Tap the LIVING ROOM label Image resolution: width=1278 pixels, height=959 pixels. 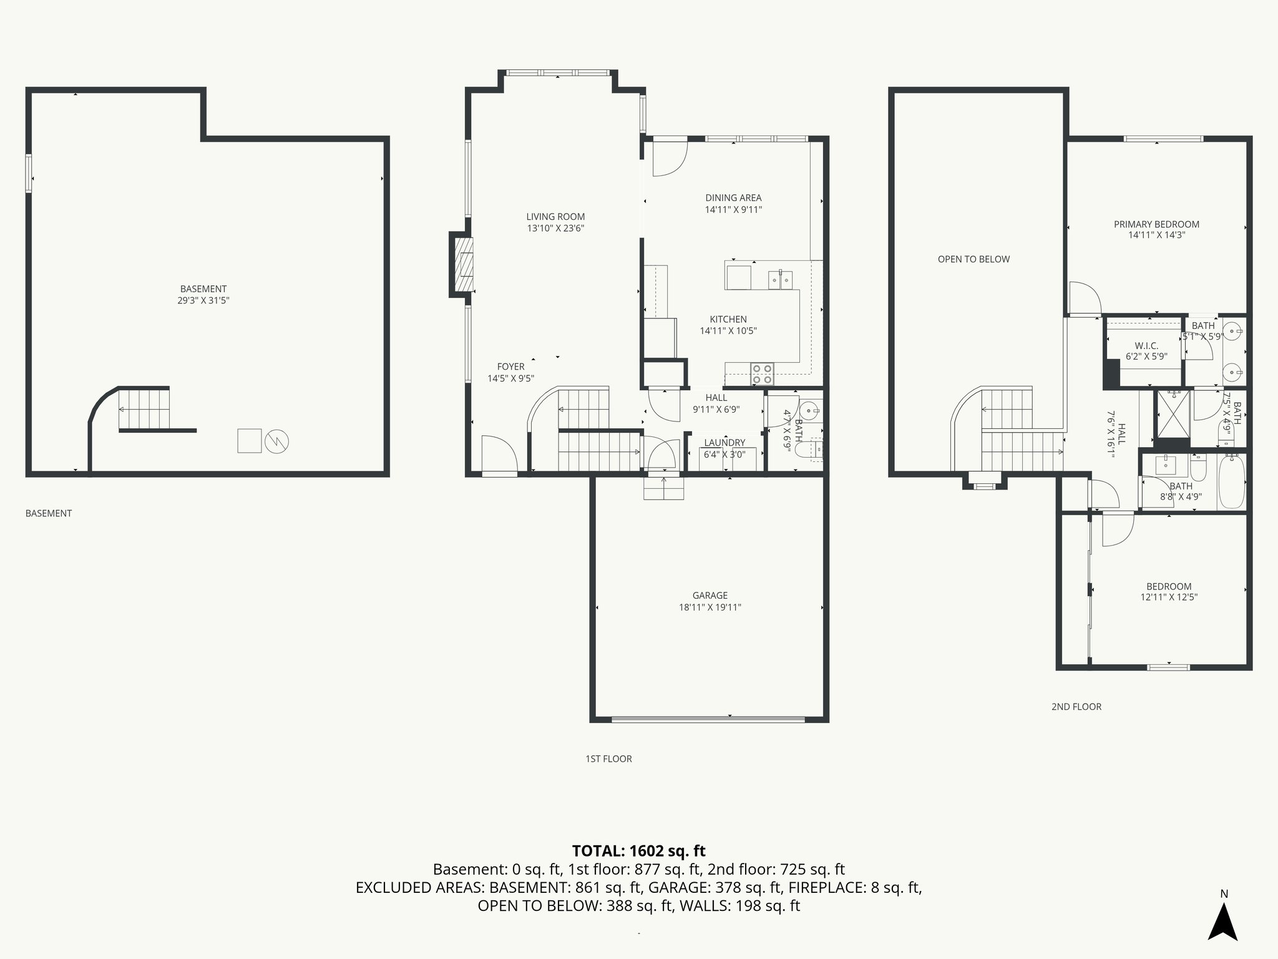click(555, 217)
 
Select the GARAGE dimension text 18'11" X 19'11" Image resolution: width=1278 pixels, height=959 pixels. click(710, 607)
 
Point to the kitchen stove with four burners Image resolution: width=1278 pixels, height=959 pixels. click(762, 373)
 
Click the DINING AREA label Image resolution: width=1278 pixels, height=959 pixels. click(733, 198)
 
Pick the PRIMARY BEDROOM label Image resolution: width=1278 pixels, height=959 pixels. click(1156, 224)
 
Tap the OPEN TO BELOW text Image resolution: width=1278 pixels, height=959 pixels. click(973, 259)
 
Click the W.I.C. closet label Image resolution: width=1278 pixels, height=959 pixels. click(1146, 346)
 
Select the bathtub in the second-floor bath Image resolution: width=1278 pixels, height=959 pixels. click(1230, 482)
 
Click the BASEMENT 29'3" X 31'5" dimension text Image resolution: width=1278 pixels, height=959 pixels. click(203, 300)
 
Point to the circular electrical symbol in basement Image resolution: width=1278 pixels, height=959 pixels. click(276, 441)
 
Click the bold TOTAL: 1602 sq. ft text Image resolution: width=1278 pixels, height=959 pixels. click(638, 851)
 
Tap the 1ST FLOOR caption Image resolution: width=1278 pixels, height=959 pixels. click(608, 759)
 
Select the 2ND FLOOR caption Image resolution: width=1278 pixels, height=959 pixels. click(1076, 707)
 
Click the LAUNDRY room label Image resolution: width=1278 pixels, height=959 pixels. click(724, 443)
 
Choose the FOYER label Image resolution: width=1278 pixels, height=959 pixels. click(510, 366)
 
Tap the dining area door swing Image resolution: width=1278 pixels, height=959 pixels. click(669, 159)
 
